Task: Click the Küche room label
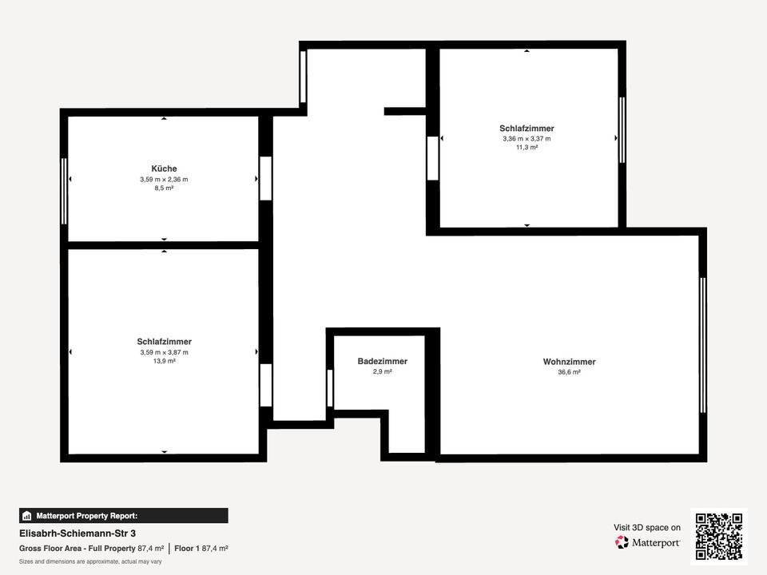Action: [x=164, y=169]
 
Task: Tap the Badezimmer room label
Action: [x=383, y=361]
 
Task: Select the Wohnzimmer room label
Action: [x=570, y=362]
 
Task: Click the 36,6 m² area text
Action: [x=570, y=372]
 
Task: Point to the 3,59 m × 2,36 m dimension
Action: [x=164, y=180]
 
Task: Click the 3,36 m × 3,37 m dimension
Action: [x=527, y=139]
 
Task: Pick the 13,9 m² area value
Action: [x=165, y=361]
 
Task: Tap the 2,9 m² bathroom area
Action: [x=383, y=371]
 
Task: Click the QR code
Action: [x=719, y=537]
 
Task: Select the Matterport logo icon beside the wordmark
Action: [x=622, y=542]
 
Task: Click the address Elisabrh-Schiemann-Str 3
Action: [x=77, y=533]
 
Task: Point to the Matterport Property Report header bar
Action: [x=123, y=516]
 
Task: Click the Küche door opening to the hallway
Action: [x=265, y=178]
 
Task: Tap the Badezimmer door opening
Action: [x=330, y=388]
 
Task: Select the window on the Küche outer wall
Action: [x=64, y=191]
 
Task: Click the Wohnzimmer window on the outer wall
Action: [x=703, y=345]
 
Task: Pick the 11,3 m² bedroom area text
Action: [x=527, y=148]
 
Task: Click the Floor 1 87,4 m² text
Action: [x=201, y=549]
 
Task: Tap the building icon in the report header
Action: [x=27, y=516]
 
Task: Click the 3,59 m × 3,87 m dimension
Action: [x=165, y=352]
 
